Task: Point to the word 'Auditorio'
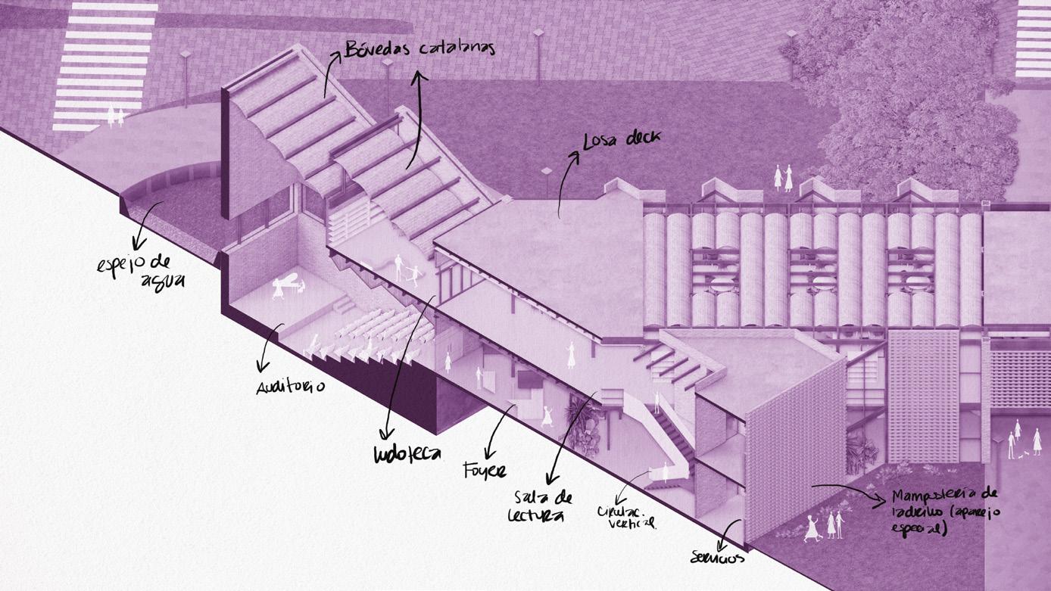pyautogui.click(x=291, y=386)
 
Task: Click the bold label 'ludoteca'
pyautogui.click(x=407, y=453)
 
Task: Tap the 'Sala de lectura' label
pyautogui.click(x=542, y=506)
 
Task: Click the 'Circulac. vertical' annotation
pyautogui.click(x=627, y=516)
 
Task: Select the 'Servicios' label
pyautogui.click(x=717, y=558)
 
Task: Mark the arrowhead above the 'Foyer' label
pyautogui.click(x=489, y=451)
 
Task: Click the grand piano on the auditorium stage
pyautogui.click(x=288, y=287)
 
